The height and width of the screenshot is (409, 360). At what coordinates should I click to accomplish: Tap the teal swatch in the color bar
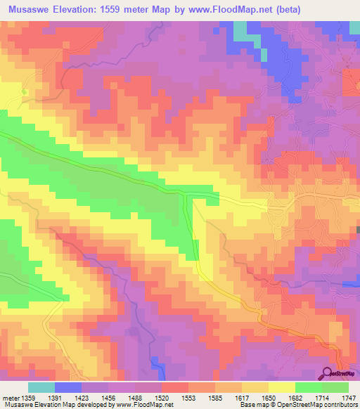(41, 387)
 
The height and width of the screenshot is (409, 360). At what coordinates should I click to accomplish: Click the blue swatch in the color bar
(68, 387)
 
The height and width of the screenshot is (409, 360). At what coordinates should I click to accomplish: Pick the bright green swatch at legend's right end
(335, 387)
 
